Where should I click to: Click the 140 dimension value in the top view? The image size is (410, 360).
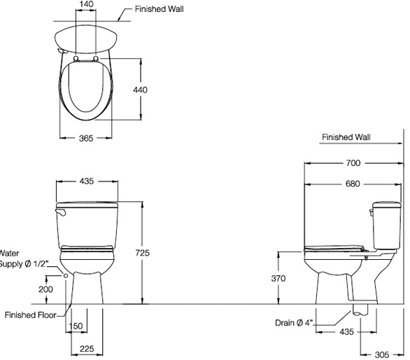(86, 4)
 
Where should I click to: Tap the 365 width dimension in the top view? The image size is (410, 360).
(86, 139)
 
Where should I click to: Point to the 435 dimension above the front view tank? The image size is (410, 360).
(86, 181)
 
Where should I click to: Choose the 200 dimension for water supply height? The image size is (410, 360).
(45, 289)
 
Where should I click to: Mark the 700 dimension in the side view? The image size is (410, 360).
(353, 163)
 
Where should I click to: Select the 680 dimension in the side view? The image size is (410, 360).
(353, 184)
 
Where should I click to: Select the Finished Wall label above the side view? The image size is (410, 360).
(346, 137)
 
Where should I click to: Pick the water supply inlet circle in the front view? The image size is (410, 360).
(66, 276)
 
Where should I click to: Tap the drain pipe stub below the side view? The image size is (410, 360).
(360, 310)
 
